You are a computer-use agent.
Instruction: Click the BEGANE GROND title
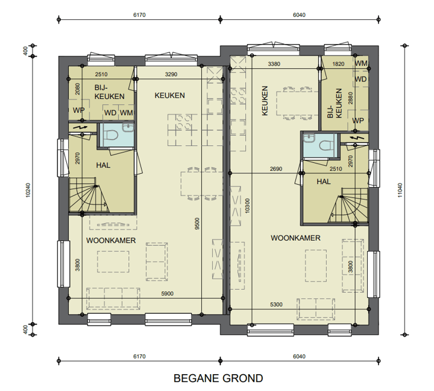click(x=218, y=378)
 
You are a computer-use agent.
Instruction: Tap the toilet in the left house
click(x=113, y=136)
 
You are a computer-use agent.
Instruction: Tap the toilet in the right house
click(x=324, y=145)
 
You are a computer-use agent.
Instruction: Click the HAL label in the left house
click(x=103, y=165)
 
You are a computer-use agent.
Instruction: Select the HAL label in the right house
click(x=324, y=182)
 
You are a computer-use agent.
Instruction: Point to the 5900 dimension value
click(x=167, y=294)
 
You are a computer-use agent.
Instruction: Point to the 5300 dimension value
click(x=276, y=305)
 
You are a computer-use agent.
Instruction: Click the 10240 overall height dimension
click(x=28, y=190)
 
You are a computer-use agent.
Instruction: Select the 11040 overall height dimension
click(x=400, y=190)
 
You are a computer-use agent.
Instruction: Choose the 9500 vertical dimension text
click(x=197, y=224)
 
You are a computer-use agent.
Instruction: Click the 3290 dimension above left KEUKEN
click(x=171, y=74)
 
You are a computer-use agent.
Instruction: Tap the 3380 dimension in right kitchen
click(x=274, y=64)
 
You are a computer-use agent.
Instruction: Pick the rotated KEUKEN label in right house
click(x=265, y=100)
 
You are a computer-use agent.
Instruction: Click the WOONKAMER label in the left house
click(x=111, y=240)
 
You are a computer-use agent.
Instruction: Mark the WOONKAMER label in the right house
click(x=295, y=238)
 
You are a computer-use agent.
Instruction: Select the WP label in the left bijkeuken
click(x=78, y=110)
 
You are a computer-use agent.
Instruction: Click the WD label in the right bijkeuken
click(x=360, y=79)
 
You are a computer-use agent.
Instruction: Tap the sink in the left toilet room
click(x=128, y=127)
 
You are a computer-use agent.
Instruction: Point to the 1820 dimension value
click(x=338, y=64)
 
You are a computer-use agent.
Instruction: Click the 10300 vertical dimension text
click(x=248, y=206)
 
